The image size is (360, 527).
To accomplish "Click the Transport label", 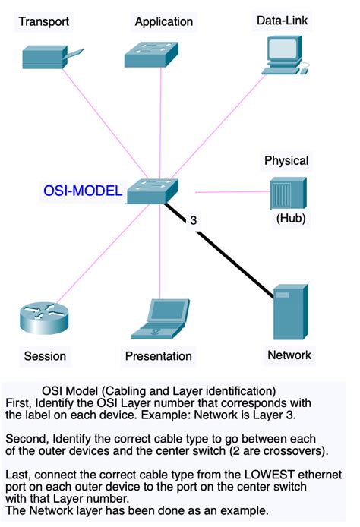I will click(44, 22).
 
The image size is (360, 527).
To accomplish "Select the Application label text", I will click(163, 21).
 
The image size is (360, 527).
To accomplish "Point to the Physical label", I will click(286, 160).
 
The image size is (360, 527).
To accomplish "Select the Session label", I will click(45, 355).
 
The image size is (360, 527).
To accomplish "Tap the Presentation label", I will click(158, 355).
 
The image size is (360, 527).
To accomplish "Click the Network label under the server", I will click(289, 355).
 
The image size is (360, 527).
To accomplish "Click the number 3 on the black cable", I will click(194, 220).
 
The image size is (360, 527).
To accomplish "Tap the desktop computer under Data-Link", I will click(283, 55).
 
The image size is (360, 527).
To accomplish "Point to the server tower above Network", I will click(290, 311).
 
